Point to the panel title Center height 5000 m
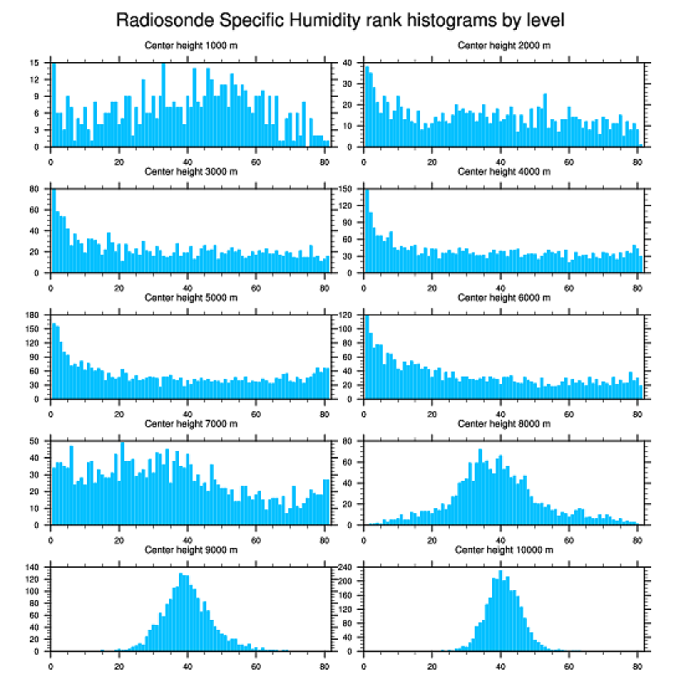(191, 298)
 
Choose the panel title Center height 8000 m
(504, 424)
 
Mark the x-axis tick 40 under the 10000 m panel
(500, 663)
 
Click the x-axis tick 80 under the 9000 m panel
(324, 663)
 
